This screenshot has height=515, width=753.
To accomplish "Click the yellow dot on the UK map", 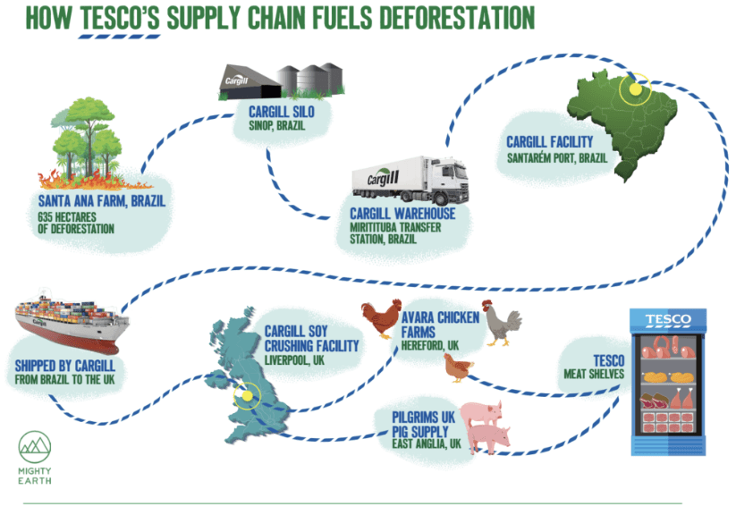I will pos(242,393).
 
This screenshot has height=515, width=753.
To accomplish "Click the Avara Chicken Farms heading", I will pos(441,325).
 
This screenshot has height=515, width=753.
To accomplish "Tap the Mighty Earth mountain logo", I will pos(35,447).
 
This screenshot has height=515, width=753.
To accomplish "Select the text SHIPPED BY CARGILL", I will pos(69,366).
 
